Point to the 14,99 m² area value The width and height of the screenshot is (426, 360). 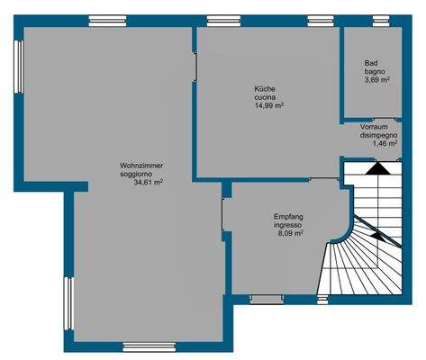(269, 105)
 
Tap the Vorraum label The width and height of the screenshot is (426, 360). (374, 127)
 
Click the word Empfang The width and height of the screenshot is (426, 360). (289, 216)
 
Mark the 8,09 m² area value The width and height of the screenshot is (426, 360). (289, 232)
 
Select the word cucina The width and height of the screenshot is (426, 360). (266, 96)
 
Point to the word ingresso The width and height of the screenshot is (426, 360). (289, 224)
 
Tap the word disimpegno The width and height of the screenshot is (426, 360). (379, 135)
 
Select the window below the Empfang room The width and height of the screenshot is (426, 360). (267, 298)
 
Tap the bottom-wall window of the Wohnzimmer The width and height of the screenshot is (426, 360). (149, 346)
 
